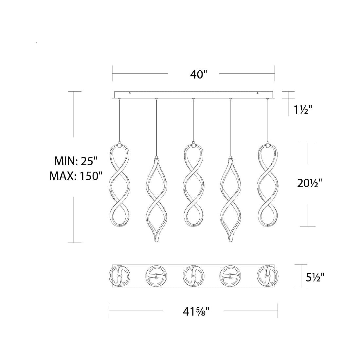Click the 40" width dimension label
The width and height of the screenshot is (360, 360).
pyautogui.click(x=199, y=74)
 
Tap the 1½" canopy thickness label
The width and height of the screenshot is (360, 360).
pyautogui.click(x=303, y=110)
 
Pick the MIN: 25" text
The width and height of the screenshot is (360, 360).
pyautogui.click(x=74, y=161)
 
